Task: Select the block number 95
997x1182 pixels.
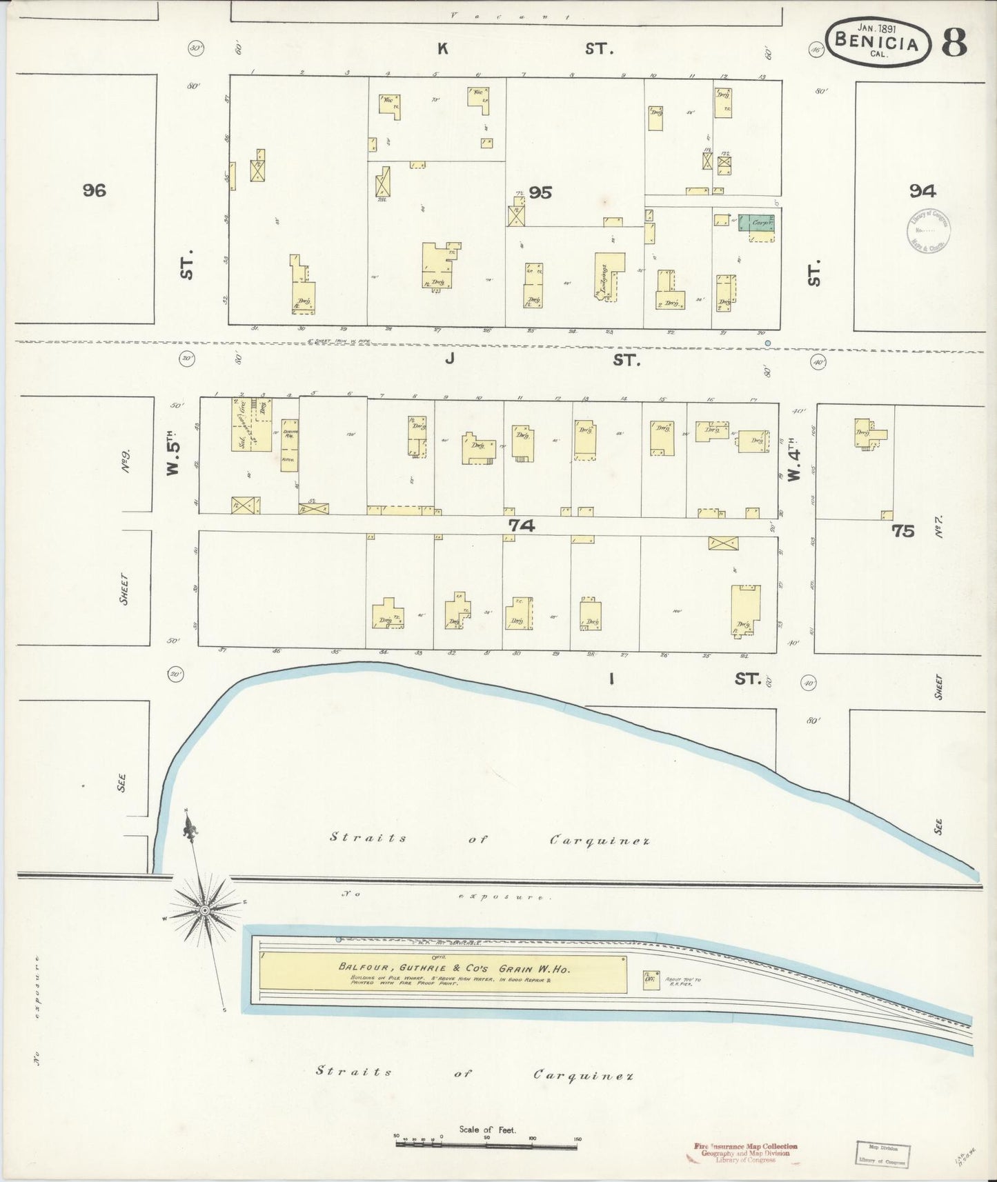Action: pos(540,193)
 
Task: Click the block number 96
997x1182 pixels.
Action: pos(95,190)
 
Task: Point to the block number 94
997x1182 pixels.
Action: pos(922,191)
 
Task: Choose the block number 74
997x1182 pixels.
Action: pos(522,525)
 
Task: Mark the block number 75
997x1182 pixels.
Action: pos(902,530)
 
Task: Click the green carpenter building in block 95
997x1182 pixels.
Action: pos(757,223)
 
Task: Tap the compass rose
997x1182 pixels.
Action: pos(205,911)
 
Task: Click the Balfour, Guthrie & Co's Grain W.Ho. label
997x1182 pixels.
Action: pos(453,967)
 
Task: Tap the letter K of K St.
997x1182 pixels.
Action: pos(442,48)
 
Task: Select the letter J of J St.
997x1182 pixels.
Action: pos(449,359)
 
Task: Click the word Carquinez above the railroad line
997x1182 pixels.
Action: pos(600,840)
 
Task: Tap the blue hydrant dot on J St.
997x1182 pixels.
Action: pos(767,343)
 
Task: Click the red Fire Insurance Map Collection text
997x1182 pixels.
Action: pos(744,1145)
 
